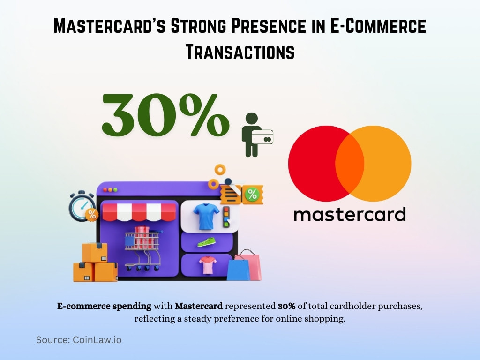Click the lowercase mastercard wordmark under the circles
(349, 214)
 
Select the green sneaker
(206, 242)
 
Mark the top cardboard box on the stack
(94, 252)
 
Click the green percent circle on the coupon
(252, 194)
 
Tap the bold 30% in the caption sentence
(286, 307)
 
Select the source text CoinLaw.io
(96, 340)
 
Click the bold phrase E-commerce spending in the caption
(104, 307)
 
